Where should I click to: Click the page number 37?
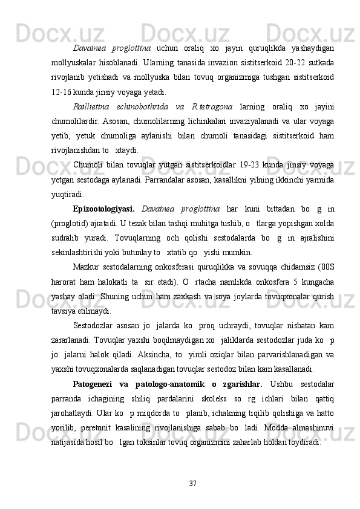193,483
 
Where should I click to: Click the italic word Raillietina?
91,108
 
